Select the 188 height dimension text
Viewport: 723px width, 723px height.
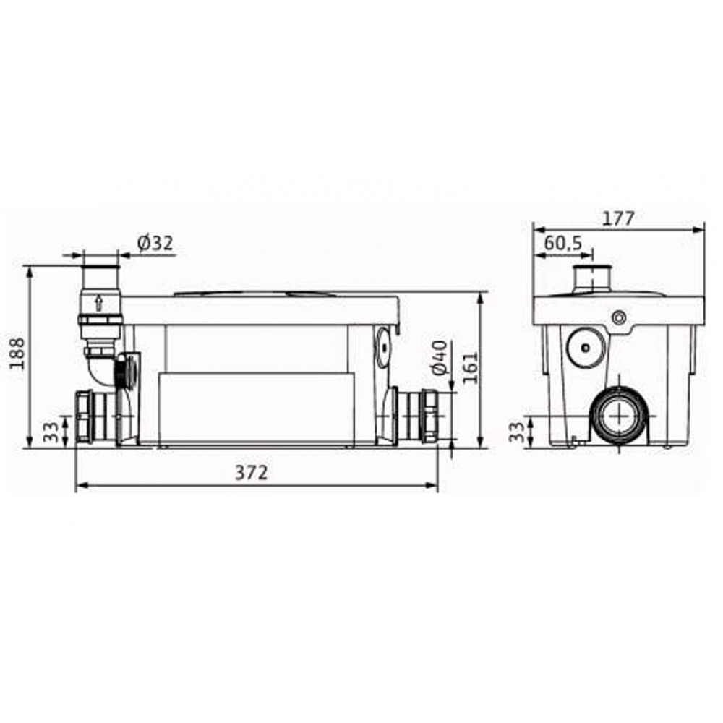(17, 353)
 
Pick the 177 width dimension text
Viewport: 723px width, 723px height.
(620, 218)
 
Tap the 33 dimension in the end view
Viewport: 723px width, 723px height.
(515, 432)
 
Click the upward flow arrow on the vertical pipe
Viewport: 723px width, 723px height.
(99, 303)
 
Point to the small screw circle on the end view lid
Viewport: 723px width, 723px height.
(618, 317)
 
